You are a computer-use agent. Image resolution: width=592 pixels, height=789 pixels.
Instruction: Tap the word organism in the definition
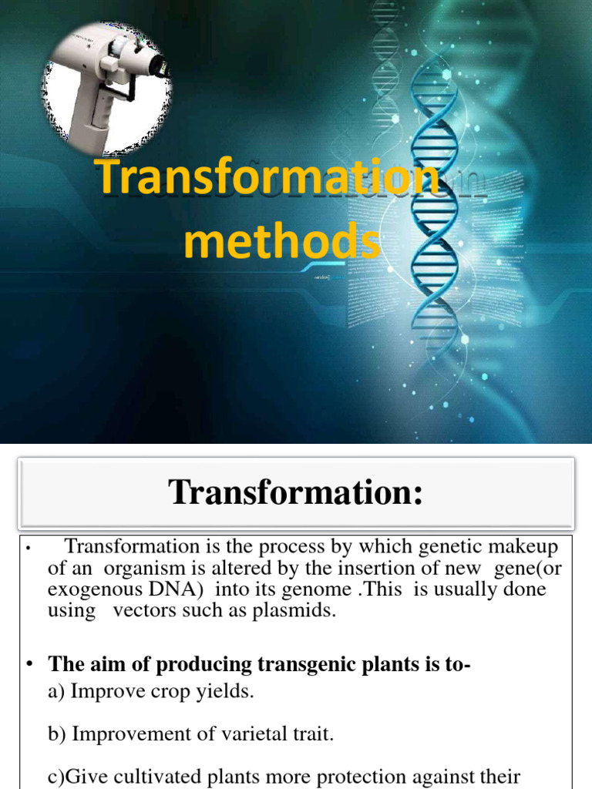coord(136,569)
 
